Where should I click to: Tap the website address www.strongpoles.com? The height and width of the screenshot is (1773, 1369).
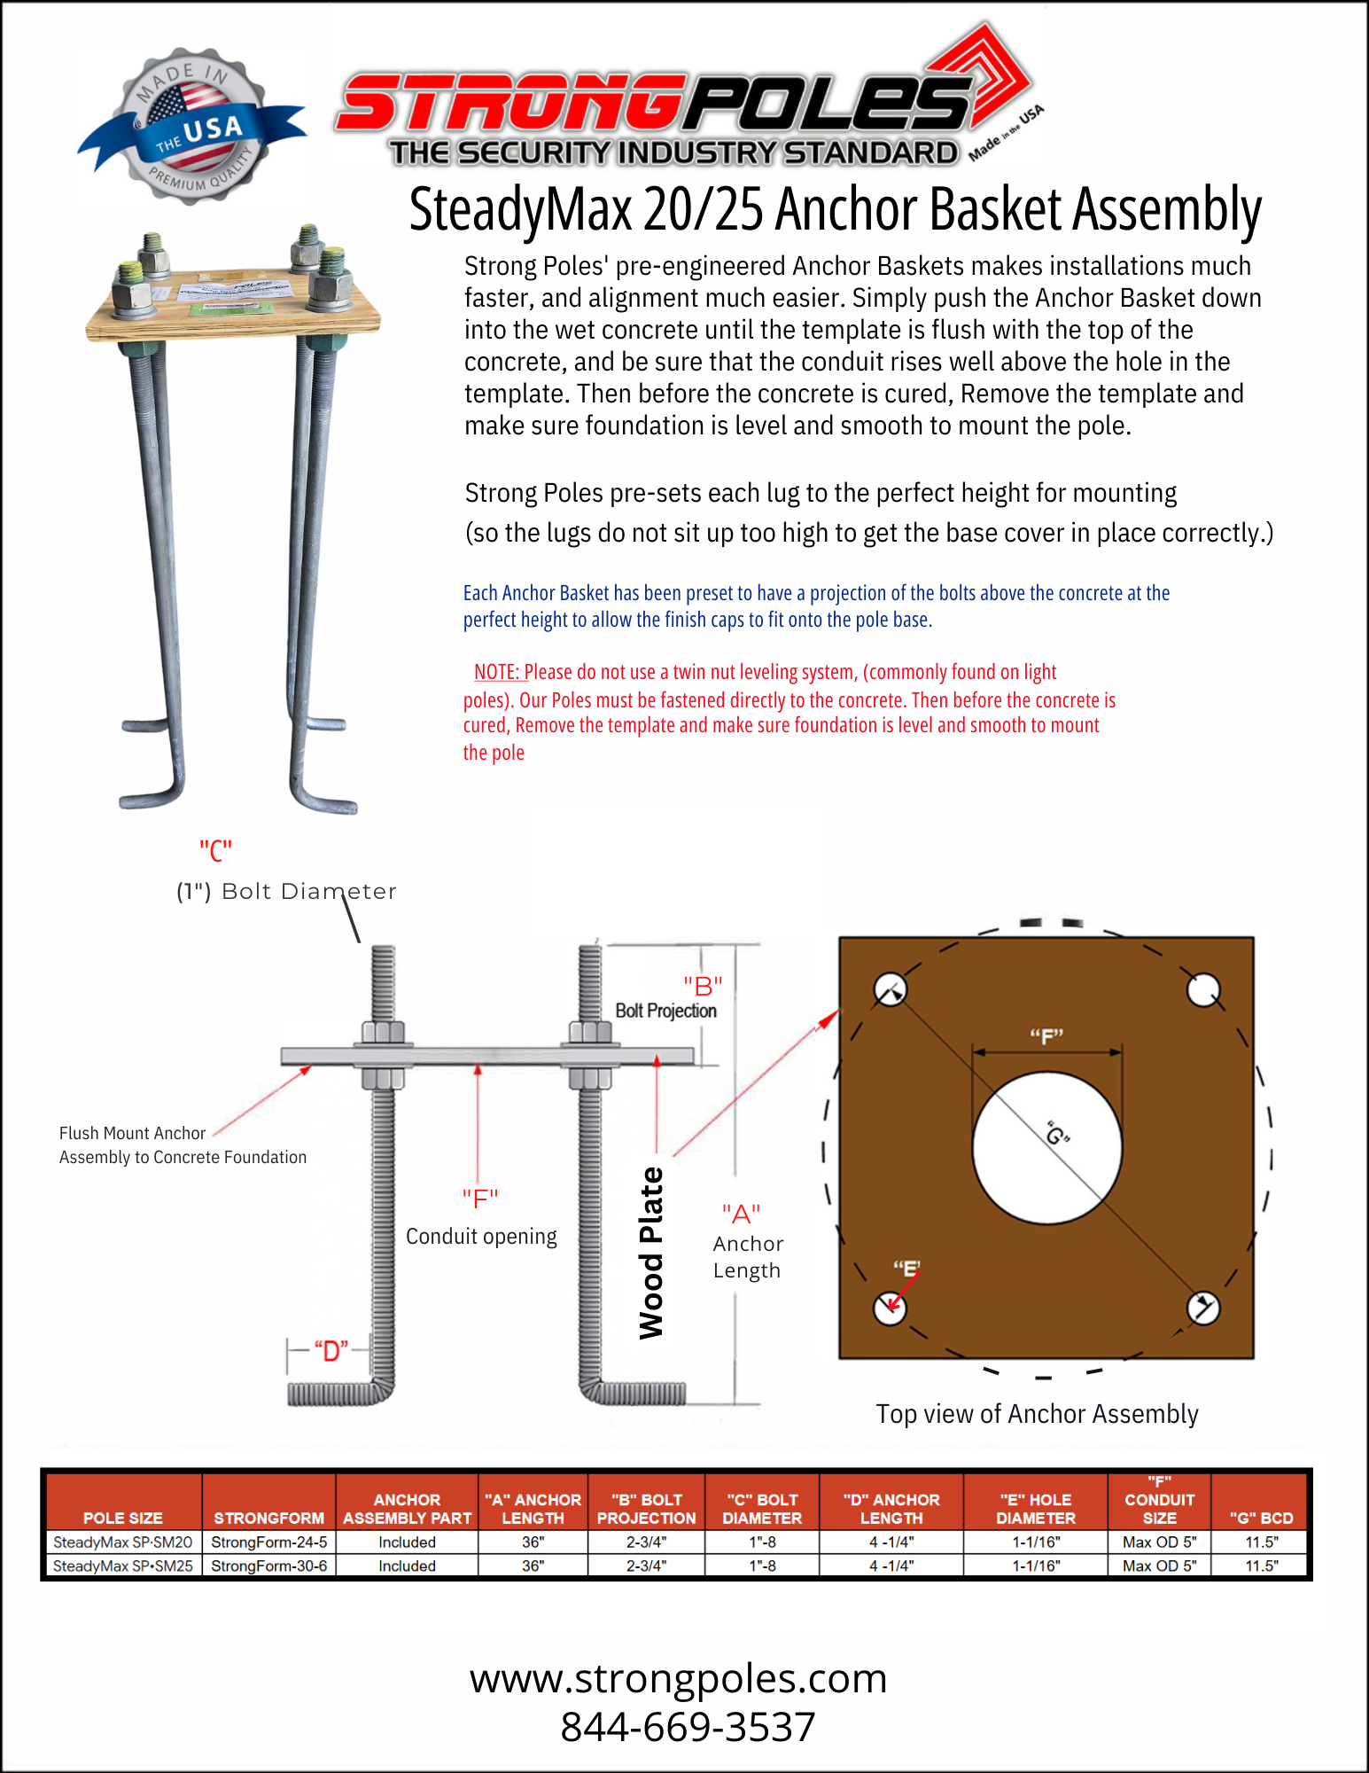pos(678,1678)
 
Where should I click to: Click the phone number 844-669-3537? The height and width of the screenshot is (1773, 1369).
pos(688,1727)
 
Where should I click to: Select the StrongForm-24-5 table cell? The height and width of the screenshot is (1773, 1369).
pos(268,1543)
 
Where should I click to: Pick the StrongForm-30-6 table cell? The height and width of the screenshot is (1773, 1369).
pos(268,1566)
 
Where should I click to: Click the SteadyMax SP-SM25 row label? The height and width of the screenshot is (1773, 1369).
pos(122,1566)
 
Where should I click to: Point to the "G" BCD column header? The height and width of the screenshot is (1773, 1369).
pos(1261,1518)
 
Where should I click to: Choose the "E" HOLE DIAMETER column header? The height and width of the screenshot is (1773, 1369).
pos(1035,1509)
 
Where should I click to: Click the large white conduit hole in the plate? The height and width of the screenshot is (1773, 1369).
pos(1046,1147)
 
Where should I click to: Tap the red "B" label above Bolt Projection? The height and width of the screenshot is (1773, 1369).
pos(703,985)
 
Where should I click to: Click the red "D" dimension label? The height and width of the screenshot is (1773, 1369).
pos(331,1352)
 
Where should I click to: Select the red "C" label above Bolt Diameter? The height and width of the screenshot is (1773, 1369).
pos(215,851)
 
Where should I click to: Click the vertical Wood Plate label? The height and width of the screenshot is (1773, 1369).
pos(651,1253)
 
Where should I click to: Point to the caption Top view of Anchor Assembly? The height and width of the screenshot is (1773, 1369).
pos(1037,1414)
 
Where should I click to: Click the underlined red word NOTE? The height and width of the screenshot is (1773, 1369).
pos(496,672)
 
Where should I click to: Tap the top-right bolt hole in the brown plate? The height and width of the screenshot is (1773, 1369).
pos(1203,990)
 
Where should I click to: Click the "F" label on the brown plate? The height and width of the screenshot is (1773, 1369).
pos(1046,1036)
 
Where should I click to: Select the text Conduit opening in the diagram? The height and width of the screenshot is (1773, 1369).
pos(481,1237)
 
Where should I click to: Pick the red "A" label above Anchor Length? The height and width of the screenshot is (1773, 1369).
pos(741,1214)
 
